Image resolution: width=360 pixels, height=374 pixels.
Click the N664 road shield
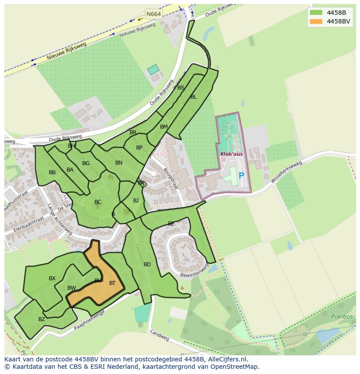coord(153,14)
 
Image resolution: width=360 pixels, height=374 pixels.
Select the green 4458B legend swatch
coord(316,12)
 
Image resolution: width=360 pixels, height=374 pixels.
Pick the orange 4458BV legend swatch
coord(316,21)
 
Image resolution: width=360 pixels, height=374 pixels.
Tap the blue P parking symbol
coord(241,176)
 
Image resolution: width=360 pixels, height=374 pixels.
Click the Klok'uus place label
coord(231,154)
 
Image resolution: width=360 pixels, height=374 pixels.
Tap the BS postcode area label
coord(181,88)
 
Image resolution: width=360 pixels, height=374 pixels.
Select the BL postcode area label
coord(193,97)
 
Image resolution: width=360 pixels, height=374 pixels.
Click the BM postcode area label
coord(163,127)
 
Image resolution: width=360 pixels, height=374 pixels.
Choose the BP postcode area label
coord(139,148)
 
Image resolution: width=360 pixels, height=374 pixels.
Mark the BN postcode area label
coord(119,163)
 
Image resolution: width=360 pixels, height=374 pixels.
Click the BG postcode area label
coord(86,163)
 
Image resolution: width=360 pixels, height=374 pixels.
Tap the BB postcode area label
coord(52,172)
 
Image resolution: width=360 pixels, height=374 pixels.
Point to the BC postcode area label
coord(98,202)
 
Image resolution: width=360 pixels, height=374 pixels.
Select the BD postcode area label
coord(147,265)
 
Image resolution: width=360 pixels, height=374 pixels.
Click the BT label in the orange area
coord(112,283)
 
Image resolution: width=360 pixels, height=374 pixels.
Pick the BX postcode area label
coord(52,278)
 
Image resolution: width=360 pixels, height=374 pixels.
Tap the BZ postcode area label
coord(42,319)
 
